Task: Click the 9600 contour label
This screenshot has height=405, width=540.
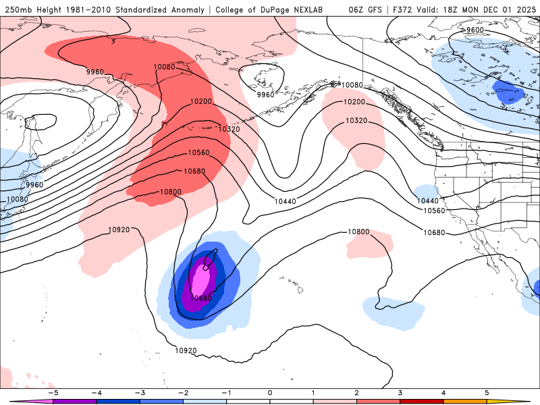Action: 475,30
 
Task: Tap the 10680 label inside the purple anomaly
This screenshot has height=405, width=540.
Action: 201,298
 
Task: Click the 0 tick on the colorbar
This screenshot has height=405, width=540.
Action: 269,392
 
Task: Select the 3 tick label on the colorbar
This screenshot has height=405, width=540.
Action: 400,392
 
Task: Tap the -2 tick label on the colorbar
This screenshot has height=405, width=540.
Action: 183,392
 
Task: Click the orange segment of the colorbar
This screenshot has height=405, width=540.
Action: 464,401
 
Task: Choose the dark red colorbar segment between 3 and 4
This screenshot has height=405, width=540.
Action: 421,401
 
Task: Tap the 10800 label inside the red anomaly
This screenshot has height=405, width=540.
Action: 170,192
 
